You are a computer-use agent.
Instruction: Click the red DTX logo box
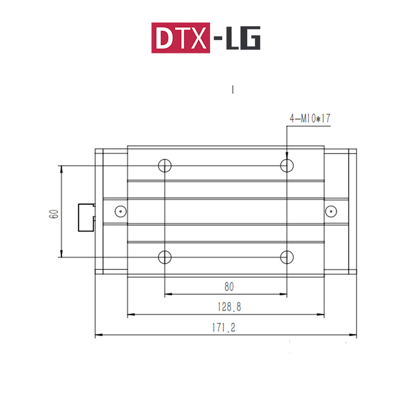click(x=181, y=38)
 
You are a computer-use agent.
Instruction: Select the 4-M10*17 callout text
click(x=310, y=119)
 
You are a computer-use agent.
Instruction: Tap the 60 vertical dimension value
click(x=53, y=213)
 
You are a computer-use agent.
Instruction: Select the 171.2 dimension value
click(x=224, y=327)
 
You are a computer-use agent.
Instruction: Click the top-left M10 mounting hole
click(x=165, y=166)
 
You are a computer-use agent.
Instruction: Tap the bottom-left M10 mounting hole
click(x=165, y=257)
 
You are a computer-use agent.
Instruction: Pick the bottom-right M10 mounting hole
click(x=286, y=257)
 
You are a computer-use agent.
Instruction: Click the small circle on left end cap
click(x=120, y=212)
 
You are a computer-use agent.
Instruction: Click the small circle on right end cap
click(x=330, y=212)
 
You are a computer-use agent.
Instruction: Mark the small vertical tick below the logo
click(x=232, y=90)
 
